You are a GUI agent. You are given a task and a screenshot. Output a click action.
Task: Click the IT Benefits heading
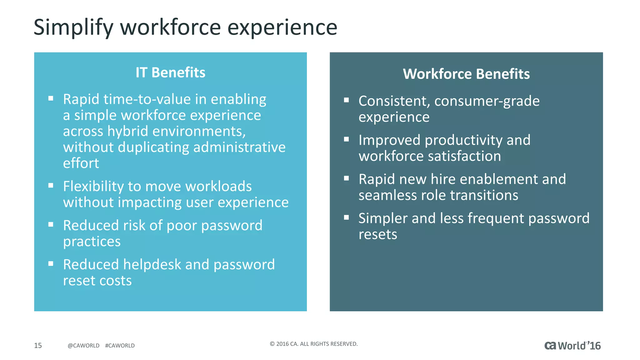tap(170, 72)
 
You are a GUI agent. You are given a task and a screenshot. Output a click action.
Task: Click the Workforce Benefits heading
tap(466, 74)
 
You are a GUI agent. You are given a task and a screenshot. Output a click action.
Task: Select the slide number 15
tap(38, 345)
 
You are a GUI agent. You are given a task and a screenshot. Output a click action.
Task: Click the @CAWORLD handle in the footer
tap(83, 346)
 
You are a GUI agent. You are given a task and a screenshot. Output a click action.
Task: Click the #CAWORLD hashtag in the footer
tap(120, 346)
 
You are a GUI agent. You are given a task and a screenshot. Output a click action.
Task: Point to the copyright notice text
tap(313, 344)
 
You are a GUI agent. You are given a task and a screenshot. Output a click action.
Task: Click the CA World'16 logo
tap(572, 346)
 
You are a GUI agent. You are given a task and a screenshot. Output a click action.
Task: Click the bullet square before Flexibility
tap(51, 186)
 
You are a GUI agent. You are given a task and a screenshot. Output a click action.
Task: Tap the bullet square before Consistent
tap(346, 100)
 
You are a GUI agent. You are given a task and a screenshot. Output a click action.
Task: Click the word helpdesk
tap(152, 264)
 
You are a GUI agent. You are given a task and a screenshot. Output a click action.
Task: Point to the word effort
tap(81, 163)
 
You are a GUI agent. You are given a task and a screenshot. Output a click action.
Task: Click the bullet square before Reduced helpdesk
tap(51, 264)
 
